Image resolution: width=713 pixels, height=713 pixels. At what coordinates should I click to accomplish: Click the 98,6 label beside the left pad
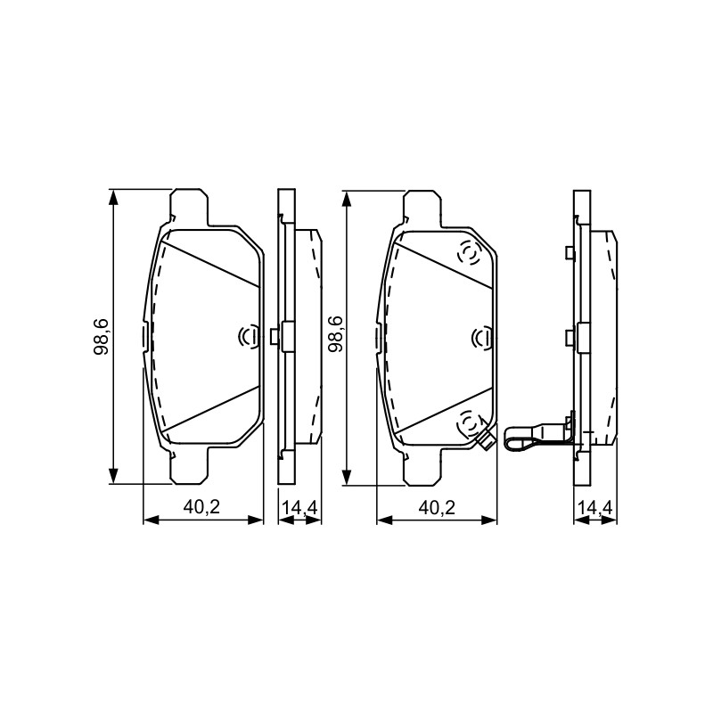coord(101,337)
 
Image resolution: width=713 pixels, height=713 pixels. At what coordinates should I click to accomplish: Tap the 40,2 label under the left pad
coord(202,507)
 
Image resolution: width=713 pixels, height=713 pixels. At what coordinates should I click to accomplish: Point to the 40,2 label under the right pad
coord(437,507)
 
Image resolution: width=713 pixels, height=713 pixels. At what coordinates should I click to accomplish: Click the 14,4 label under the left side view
coord(299,508)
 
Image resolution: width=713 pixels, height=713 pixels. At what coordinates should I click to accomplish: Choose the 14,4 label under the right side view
coord(595,508)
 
